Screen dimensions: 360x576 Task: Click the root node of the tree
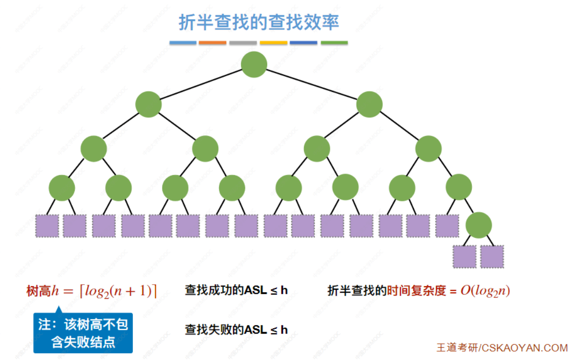click(x=254, y=64)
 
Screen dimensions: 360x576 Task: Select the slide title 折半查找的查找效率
click(x=258, y=22)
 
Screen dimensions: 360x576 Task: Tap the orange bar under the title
click(x=213, y=43)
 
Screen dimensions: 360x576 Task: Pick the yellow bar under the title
click(x=274, y=43)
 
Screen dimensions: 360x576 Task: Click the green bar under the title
click(x=334, y=43)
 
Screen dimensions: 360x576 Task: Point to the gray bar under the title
click(x=243, y=43)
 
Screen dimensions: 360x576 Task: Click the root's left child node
click(x=149, y=105)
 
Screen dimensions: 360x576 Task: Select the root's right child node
click(x=369, y=105)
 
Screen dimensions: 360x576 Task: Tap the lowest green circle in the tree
click(x=479, y=225)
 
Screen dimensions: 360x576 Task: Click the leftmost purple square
click(x=47, y=226)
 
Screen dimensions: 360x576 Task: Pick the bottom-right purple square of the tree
click(x=492, y=256)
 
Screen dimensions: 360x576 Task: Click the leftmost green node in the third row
click(x=94, y=148)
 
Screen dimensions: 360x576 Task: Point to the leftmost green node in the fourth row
click(x=62, y=188)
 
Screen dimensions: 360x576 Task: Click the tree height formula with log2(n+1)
click(x=92, y=292)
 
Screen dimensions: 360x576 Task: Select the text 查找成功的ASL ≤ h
click(x=236, y=291)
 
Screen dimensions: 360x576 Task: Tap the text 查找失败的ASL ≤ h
click(x=236, y=330)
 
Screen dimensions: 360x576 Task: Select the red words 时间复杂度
click(x=417, y=291)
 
